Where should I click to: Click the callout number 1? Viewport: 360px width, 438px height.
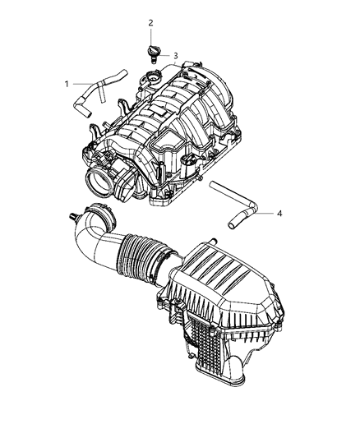[67, 83]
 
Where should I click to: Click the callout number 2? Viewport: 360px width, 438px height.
[150, 23]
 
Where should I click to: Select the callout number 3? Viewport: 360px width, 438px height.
[175, 55]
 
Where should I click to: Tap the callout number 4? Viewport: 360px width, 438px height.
[279, 214]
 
